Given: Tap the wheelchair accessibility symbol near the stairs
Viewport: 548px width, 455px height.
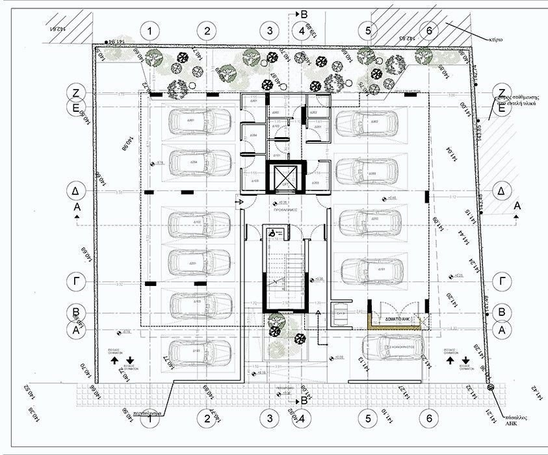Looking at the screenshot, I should click(276, 230).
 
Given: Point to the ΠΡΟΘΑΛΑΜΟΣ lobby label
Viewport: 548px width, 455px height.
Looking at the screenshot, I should click(285, 211).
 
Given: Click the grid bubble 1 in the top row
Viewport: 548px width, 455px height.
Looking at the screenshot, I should click(150, 31).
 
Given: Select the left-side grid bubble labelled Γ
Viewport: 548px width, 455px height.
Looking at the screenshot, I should click(76, 282).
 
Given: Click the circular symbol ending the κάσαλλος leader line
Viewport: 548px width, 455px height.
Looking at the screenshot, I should click(490, 388).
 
